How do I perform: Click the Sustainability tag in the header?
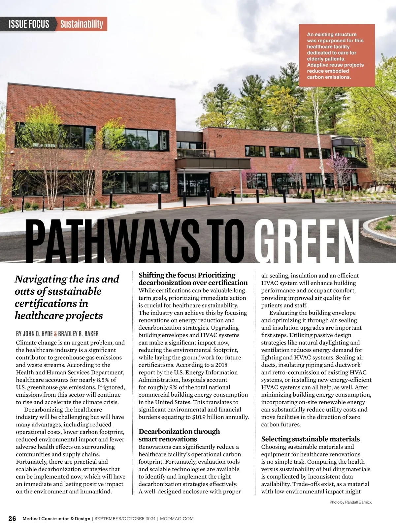click(82, 24)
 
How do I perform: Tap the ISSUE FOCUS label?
click(29, 24)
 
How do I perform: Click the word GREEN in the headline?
click(306, 240)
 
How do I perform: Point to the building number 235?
click(219, 136)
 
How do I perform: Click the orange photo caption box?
click(337, 55)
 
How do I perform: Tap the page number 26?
click(12, 518)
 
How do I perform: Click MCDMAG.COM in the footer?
click(177, 518)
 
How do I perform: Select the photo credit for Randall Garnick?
click(350, 502)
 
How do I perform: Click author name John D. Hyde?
click(34, 334)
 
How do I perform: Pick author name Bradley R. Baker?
click(78, 334)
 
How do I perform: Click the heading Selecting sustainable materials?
click(310, 439)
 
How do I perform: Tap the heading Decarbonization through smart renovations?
click(179, 435)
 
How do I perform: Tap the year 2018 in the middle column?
click(220, 365)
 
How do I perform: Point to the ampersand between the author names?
click(55, 334)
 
